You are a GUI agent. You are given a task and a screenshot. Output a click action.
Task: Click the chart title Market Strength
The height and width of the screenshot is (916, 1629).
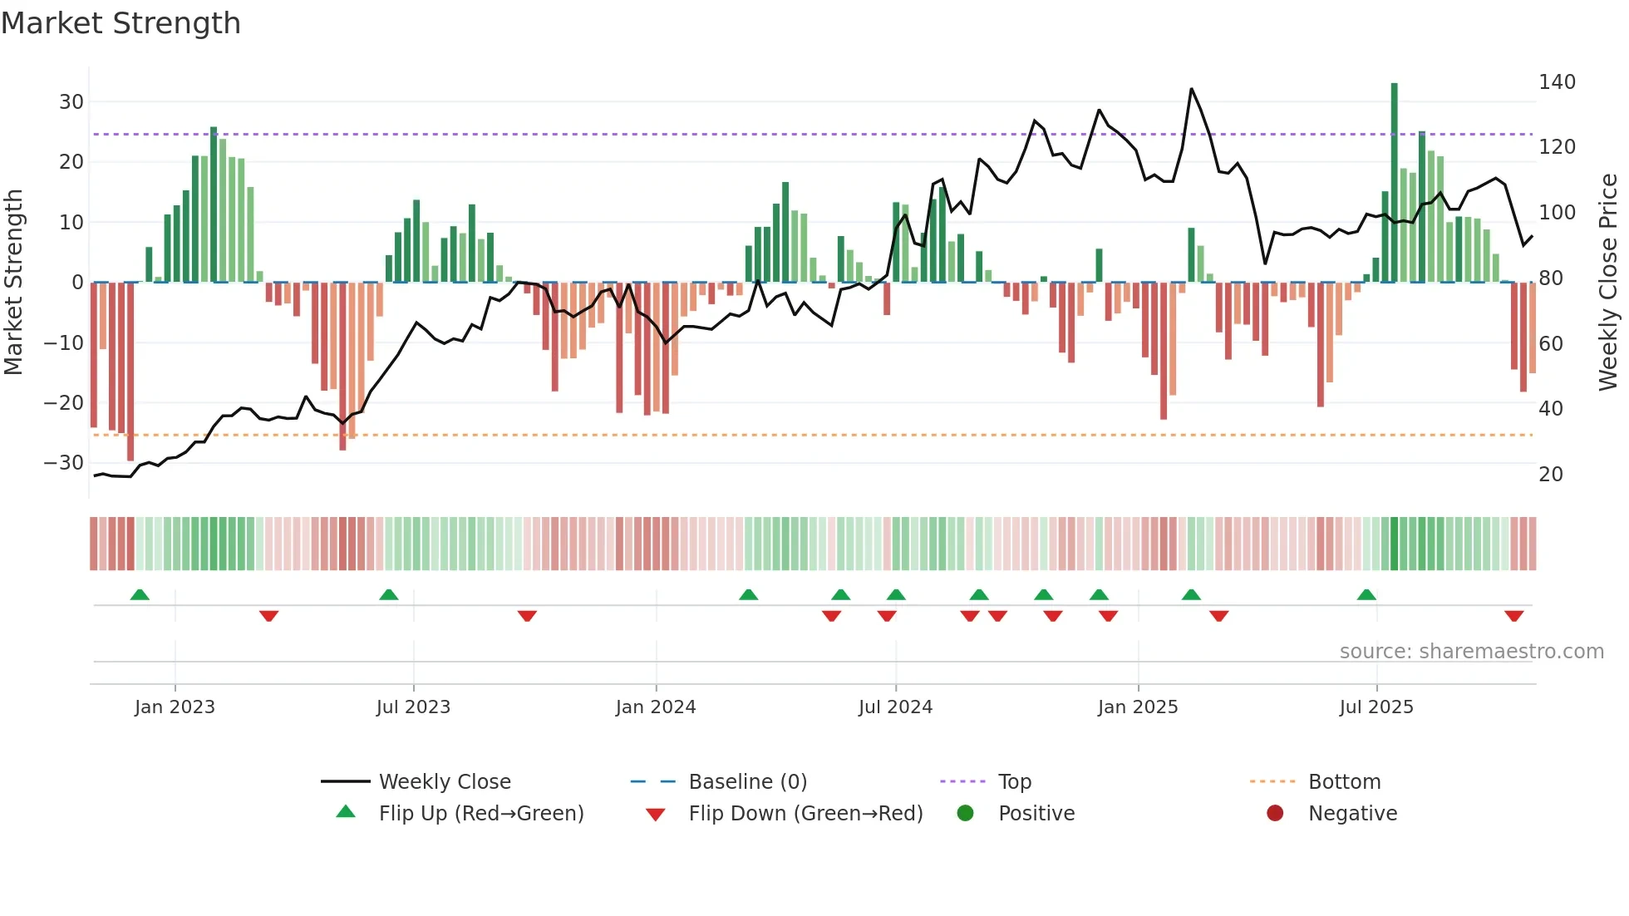click(x=121, y=23)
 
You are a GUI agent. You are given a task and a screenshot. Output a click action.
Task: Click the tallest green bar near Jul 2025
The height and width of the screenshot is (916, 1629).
click(x=1394, y=183)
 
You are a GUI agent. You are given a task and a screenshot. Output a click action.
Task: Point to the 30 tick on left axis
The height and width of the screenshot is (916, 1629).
click(x=71, y=102)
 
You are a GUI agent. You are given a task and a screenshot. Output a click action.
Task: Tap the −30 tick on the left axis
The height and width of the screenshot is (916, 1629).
click(x=64, y=463)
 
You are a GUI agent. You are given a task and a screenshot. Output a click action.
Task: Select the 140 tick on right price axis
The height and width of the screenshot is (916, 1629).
click(x=1557, y=82)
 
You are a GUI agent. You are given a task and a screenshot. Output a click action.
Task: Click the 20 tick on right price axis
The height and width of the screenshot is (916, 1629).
click(x=1551, y=475)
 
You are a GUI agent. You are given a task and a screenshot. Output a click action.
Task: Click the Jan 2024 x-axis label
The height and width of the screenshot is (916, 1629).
click(x=655, y=707)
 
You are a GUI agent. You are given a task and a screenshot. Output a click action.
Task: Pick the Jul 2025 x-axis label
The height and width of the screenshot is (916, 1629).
click(x=1376, y=707)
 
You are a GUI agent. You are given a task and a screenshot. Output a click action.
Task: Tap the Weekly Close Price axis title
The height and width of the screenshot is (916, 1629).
click(x=1608, y=283)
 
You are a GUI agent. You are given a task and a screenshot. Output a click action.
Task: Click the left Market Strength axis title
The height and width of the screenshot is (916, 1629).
click(x=13, y=283)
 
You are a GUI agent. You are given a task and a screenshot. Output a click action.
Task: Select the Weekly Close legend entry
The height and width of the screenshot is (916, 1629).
click(x=444, y=782)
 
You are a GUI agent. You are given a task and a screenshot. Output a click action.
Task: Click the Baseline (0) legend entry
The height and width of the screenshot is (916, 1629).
click(x=747, y=782)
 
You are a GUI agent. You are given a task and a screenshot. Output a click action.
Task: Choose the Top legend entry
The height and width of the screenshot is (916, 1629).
click(x=1014, y=782)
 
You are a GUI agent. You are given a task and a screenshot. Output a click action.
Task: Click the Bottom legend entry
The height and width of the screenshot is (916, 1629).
click(x=1344, y=782)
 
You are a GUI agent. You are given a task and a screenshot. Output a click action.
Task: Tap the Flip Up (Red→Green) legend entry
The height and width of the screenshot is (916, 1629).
click(x=480, y=814)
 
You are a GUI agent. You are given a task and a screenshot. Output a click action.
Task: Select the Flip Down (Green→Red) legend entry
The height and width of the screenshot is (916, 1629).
click(x=805, y=814)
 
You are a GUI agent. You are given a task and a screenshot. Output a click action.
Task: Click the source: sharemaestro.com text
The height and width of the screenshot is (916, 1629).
click(x=1471, y=652)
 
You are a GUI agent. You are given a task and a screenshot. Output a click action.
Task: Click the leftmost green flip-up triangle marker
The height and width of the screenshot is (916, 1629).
click(x=140, y=595)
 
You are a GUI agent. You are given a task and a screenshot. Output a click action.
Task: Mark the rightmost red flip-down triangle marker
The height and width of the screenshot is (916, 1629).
click(x=1513, y=616)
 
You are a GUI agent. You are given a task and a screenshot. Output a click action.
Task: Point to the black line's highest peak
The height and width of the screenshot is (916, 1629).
click(x=1191, y=89)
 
